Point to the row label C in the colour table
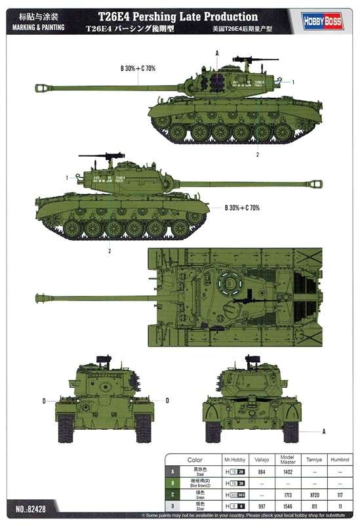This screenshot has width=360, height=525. tap(172, 493)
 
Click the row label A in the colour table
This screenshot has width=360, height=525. tap(172, 472)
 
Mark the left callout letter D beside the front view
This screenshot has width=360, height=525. tap(44, 400)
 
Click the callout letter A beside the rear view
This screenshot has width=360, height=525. tap(324, 431)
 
